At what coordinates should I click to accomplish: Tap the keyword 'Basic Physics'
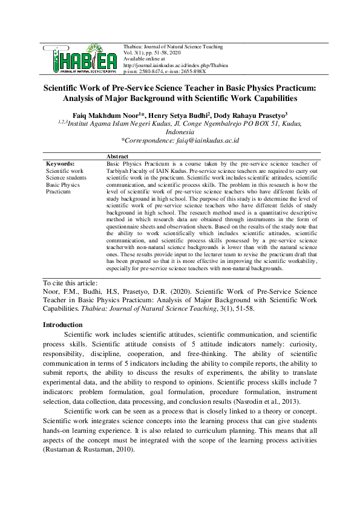click(x=63, y=184)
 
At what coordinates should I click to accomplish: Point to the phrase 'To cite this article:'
click(x=71, y=282)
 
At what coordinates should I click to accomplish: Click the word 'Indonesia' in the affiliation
click(x=180, y=131)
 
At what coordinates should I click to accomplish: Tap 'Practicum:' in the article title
click(x=290, y=87)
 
